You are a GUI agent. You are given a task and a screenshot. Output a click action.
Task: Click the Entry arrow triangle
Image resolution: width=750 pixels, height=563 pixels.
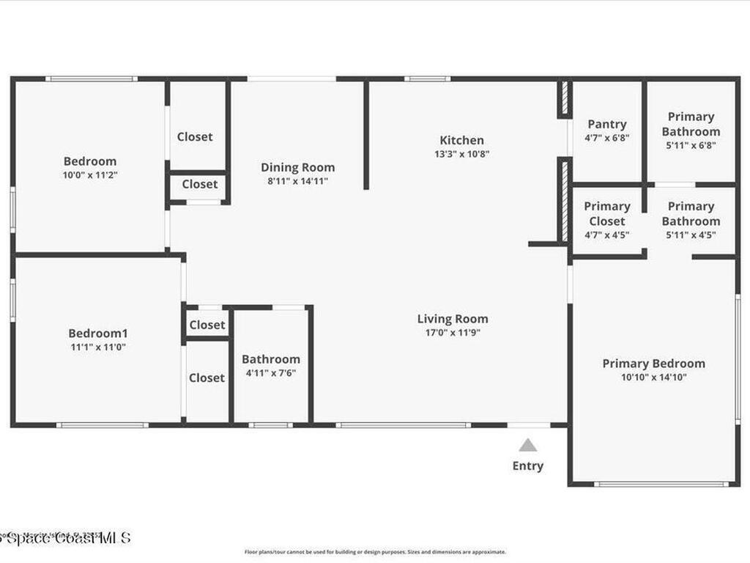pos(528,445)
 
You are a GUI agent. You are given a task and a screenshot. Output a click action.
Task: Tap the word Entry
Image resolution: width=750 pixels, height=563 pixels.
pos(528,466)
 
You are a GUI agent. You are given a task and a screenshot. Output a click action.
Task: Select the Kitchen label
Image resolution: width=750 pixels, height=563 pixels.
pos(461,140)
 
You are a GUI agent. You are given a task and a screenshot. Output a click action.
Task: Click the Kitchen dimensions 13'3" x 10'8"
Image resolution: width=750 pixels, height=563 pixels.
pos(461,154)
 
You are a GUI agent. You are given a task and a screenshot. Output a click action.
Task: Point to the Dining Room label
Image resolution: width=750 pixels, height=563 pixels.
pos(298,167)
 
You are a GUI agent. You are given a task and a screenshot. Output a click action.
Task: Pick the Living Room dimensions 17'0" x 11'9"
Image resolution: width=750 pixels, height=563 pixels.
pos(453,333)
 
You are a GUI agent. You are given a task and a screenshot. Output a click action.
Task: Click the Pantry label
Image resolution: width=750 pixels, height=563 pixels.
pos(607,124)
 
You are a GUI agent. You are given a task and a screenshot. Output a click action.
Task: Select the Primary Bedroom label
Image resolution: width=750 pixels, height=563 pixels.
pos(654,363)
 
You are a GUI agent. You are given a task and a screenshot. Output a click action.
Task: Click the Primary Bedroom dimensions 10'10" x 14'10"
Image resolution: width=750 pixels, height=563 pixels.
pos(654,378)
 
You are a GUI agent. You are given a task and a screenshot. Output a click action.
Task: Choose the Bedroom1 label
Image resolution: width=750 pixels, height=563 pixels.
pos(98,333)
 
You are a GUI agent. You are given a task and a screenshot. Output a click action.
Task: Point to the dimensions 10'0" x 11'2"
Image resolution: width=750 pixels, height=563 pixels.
pos(90,175)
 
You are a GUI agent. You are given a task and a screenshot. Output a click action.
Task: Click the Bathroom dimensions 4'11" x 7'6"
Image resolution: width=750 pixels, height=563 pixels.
pos(271,373)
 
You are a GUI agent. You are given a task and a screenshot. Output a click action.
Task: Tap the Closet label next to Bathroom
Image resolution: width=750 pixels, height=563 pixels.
pos(207,378)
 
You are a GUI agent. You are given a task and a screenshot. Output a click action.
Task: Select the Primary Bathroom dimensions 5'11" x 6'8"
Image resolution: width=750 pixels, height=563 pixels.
pos(691,145)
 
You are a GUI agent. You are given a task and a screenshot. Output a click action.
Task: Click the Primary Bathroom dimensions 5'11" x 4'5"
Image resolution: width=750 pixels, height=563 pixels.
pos(691,235)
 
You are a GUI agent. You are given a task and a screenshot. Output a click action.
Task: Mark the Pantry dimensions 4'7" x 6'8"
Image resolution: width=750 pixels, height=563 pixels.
pos(607,138)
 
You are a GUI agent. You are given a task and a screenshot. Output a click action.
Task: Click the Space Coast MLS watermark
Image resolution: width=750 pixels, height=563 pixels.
pos(66,538)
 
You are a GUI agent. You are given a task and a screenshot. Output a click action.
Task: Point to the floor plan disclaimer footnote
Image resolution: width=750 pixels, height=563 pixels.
pos(375,552)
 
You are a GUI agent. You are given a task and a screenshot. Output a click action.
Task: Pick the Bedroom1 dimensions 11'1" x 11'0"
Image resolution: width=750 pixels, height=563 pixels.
pos(98,347)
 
